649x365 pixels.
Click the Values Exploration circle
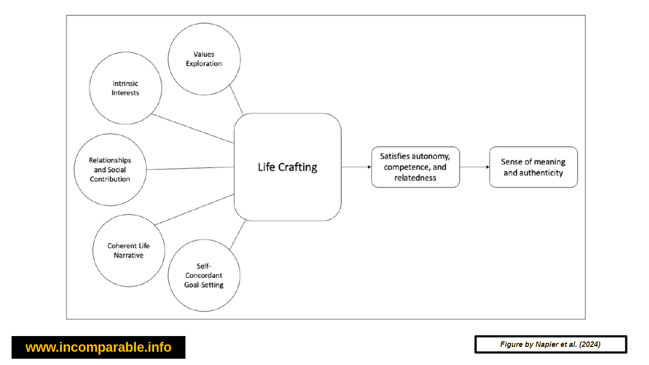tap(204, 59)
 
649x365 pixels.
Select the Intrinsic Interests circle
tap(126, 88)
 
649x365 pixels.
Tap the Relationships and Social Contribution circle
tap(110, 170)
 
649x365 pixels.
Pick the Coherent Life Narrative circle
tap(129, 251)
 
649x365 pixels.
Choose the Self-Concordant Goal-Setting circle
tap(204, 275)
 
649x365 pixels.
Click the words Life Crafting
tap(287, 167)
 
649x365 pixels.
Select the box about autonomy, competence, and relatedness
tap(415, 167)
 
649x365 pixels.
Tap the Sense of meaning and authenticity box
tap(533, 167)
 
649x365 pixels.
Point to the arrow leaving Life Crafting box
tap(356, 167)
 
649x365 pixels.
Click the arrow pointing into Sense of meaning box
tap(474, 167)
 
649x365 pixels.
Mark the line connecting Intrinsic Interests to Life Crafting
tap(193, 129)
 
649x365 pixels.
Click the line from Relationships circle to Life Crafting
tap(190, 168)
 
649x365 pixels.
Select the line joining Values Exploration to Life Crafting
tap(236, 100)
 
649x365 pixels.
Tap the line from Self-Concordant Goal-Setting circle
tap(237, 235)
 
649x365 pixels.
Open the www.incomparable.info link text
tap(99, 347)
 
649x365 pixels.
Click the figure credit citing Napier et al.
tap(550, 344)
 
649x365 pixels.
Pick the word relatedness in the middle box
tap(415, 178)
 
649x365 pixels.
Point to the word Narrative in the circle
tap(129, 256)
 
